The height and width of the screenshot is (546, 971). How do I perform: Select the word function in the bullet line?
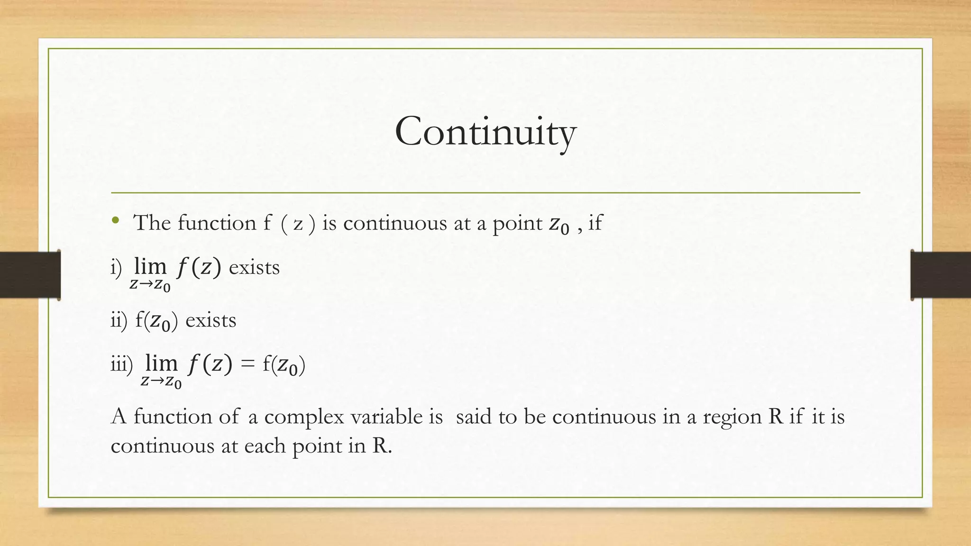pos(217,223)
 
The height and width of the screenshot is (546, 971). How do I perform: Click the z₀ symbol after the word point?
pos(559,225)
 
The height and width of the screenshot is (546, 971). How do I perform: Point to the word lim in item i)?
pos(150,266)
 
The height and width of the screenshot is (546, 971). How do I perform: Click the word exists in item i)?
pos(254,268)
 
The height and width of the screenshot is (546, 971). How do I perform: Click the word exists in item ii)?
pos(211,321)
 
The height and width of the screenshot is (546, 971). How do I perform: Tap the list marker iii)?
pos(121,365)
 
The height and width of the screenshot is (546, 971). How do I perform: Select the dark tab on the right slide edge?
pos(941,275)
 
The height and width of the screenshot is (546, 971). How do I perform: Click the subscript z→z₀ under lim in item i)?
pos(150,286)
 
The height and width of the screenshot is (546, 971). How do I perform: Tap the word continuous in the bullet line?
pos(395,223)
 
